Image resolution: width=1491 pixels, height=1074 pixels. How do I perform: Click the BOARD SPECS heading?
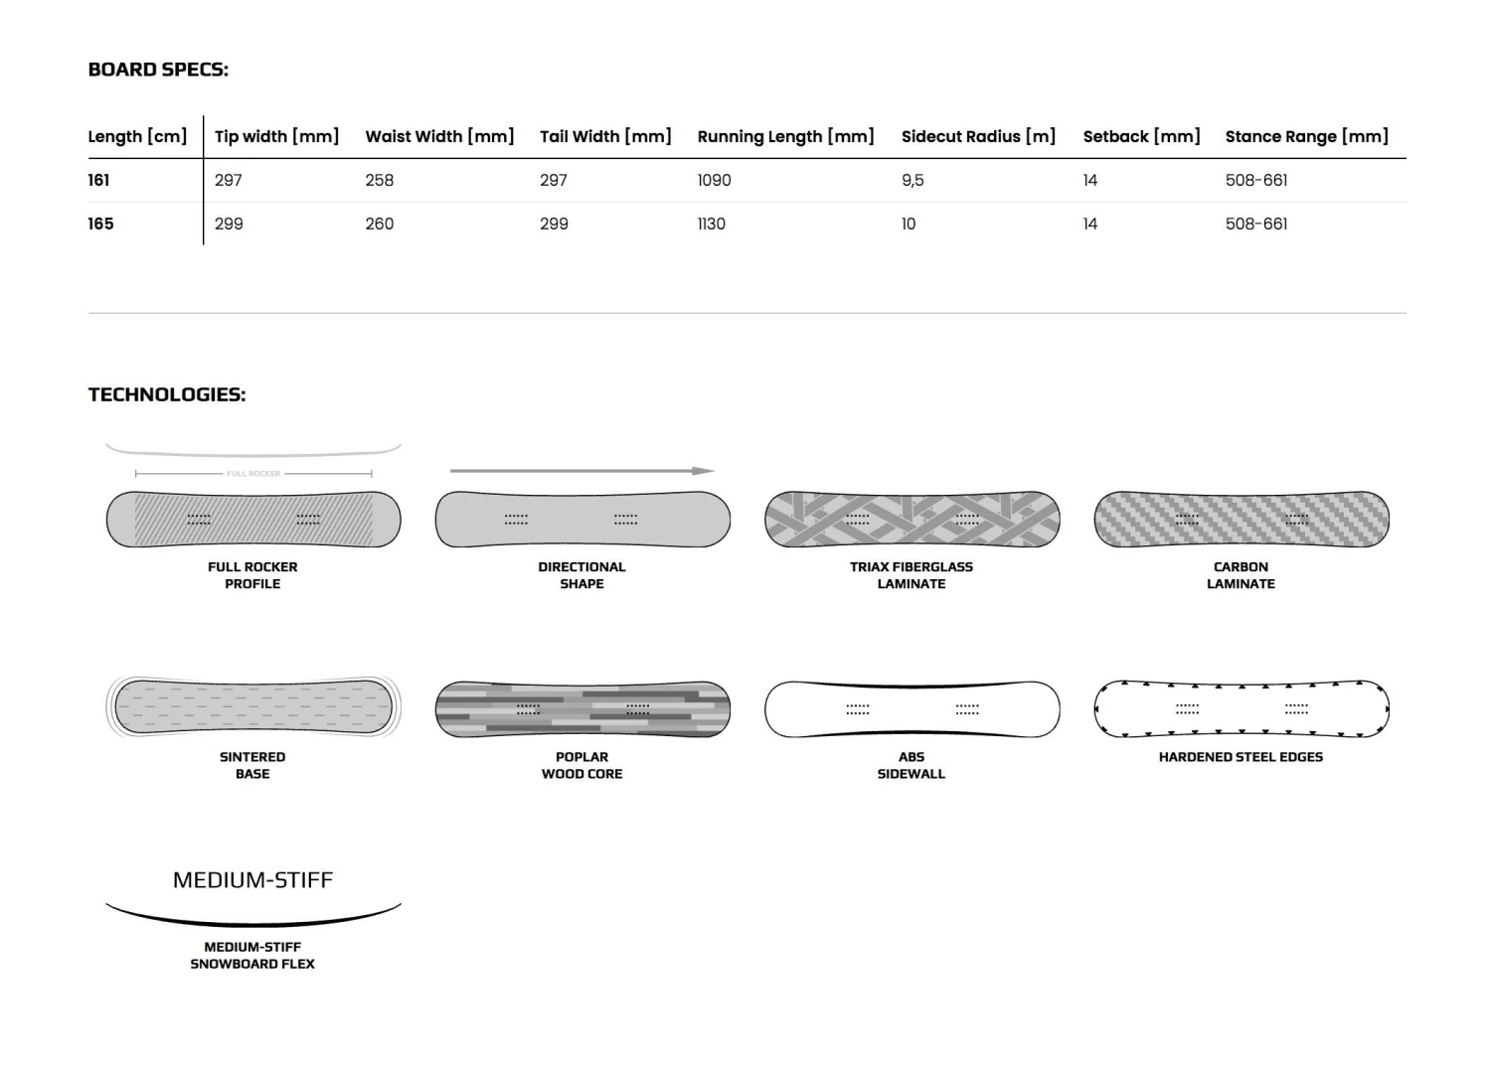point(158,70)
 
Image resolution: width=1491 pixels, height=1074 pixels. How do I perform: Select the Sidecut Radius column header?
point(978,136)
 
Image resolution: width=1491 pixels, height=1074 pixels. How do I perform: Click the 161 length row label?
point(99,180)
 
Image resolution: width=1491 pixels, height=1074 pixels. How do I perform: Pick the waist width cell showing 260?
point(380,224)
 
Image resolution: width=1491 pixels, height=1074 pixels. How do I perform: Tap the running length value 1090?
point(714,180)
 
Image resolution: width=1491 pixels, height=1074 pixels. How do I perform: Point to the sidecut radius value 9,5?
point(912,180)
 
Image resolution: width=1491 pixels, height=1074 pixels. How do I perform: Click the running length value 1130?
point(712,224)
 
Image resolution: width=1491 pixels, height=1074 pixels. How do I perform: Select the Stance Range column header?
point(1306,136)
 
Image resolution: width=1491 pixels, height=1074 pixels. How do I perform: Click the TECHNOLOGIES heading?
point(167,394)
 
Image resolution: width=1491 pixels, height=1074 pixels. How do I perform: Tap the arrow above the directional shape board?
point(582,471)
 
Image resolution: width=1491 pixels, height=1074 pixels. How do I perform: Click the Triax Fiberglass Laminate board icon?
point(911,519)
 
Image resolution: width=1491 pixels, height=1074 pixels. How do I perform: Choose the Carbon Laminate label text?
point(1241,575)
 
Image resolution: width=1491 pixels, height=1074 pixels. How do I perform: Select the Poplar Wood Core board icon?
point(582,709)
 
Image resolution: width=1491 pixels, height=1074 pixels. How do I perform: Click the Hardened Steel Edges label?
point(1241,757)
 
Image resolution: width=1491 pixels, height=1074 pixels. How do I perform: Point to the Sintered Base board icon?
point(252,707)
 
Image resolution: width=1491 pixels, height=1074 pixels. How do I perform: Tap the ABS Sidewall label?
point(911,765)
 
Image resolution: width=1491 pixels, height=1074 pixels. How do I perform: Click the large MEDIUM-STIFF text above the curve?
point(252,880)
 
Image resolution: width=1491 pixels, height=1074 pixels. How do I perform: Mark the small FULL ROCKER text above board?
point(253,474)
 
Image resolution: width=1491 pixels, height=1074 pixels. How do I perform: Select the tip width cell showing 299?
point(229,224)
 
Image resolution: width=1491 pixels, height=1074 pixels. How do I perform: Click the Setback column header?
point(1141,136)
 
